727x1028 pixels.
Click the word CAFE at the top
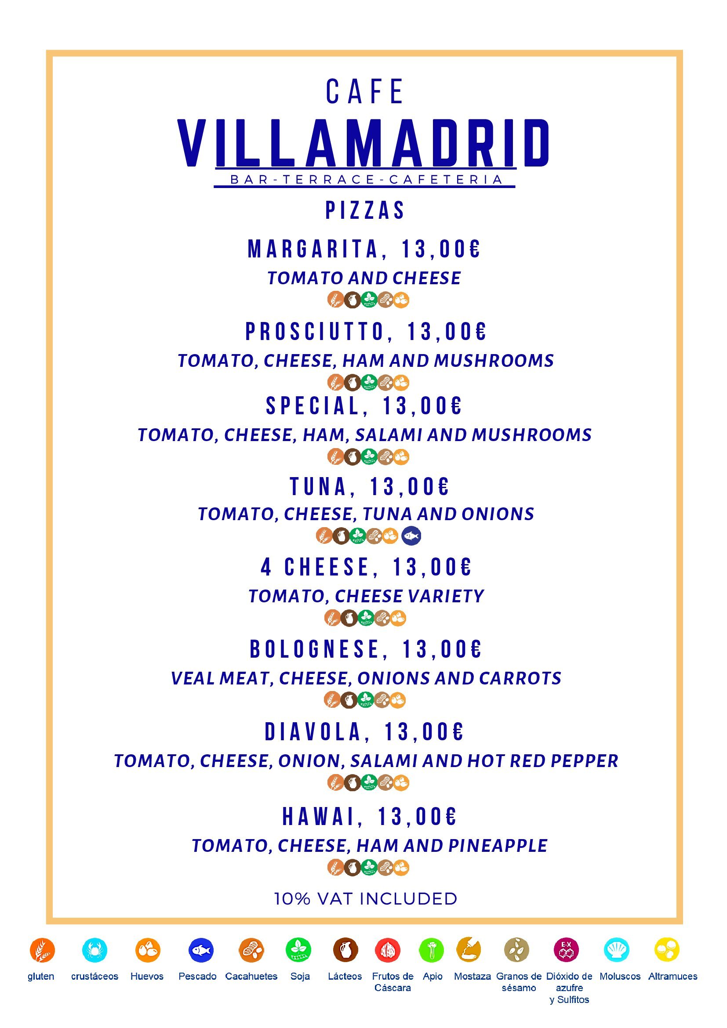[365, 92]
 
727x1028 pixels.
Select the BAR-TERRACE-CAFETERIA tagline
[365, 180]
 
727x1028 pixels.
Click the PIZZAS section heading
[365, 210]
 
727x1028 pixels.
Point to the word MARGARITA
[313, 250]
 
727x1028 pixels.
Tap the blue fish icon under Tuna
[411, 536]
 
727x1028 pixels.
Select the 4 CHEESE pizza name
[315, 567]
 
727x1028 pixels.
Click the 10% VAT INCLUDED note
[366, 898]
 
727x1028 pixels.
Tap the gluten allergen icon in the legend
[42, 950]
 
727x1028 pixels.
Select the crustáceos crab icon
[95, 950]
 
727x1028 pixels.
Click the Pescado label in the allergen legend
[197, 977]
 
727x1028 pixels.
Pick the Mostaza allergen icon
[469, 950]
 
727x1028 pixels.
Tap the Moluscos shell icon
[616, 950]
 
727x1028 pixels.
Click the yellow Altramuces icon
[667, 950]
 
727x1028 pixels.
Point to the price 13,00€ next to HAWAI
[417, 816]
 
